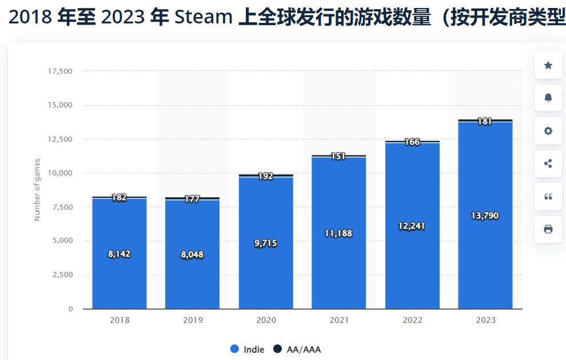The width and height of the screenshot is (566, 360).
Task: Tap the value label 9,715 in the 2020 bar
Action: pyautogui.click(x=265, y=243)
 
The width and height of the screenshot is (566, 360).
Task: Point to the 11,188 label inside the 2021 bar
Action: pyautogui.click(x=338, y=233)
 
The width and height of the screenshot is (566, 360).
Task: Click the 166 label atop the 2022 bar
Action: pyautogui.click(x=412, y=142)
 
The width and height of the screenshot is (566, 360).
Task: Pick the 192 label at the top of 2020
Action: pyautogui.click(x=265, y=177)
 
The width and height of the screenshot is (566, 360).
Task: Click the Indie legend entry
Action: pyautogui.click(x=247, y=349)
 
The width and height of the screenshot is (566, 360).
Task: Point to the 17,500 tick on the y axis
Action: pyautogui.click(x=60, y=71)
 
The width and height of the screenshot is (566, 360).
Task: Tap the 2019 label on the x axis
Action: pyautogui.click(x=193, y=320)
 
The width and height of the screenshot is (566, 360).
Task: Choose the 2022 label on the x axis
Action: pyautogui.click(x=412, y=320)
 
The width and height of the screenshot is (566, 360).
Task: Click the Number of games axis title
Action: pyautogui.click(x=37, y=190)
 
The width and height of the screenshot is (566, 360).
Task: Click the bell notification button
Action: pyautogui.click(x=548, y=98)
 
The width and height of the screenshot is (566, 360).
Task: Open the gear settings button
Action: pyautogui.click(x=548, y=131)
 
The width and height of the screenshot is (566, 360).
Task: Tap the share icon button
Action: pyautogui.click(x=548, y=163)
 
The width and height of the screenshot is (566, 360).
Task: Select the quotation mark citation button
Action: pyautogui.click(x=548, y=197)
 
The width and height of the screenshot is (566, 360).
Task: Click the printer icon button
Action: pyautogui.click(x=548, y=229)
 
